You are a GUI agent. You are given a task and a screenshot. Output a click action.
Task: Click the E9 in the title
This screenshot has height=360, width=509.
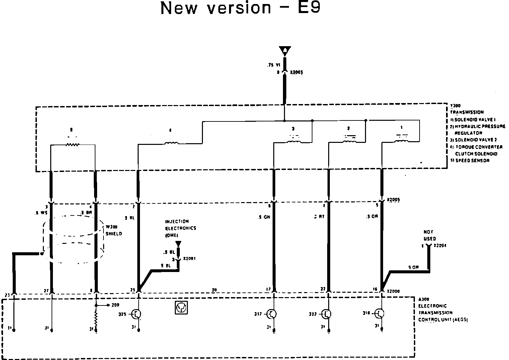(308, 8)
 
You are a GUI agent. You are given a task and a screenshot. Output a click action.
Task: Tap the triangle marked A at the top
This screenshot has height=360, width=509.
(285, 51)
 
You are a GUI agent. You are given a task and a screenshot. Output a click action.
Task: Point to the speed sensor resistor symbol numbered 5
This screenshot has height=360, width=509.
(72, 145)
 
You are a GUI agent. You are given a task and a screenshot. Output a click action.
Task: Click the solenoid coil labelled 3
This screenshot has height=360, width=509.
(293, 142)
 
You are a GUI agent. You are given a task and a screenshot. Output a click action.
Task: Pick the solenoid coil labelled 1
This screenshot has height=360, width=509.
(401, 142)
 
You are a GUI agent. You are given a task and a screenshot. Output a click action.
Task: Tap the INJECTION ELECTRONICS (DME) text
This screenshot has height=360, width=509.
(180, 228)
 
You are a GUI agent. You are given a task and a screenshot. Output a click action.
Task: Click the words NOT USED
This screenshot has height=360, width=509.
(429, 235)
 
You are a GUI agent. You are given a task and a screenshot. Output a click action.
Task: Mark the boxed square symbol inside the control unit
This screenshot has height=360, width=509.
(181, 307)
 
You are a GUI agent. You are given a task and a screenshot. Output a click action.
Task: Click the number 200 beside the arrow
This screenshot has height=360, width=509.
(116, 305)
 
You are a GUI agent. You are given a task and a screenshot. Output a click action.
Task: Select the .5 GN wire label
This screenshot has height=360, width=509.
(264, 217)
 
